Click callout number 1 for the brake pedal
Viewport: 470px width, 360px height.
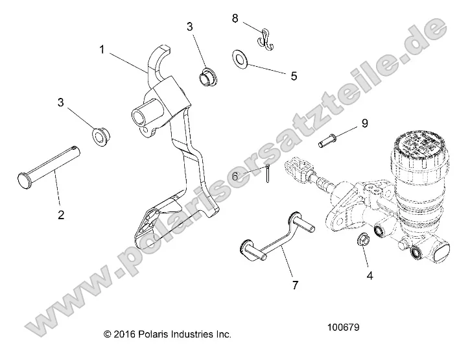(102, 49)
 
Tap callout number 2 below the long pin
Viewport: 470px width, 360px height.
(61, 215)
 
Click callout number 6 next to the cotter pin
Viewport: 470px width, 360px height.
(235, 176)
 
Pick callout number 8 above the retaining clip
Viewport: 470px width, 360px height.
(235, 18)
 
